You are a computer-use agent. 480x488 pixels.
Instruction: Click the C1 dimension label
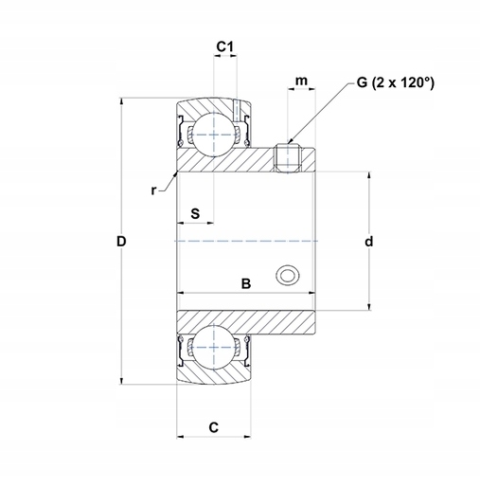pyautogui.click(x=224, y=46)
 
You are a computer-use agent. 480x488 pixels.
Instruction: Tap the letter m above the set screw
pyautogui.click(x=301, y=81)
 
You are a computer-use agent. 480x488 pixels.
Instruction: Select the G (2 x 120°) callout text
pyautogui.click(x=396, y=82)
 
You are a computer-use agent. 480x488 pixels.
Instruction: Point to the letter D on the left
pyautogui.click(x=121, y=242)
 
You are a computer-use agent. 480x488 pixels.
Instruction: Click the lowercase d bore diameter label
pyautogui.click(x=368, y=242)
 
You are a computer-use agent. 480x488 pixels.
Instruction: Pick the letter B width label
pyautogui.click(x=246, y=283)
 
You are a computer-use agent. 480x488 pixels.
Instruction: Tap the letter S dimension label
pyautogui.click(x=195, y=214)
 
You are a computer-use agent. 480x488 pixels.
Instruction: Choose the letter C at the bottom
pyautogui.click(x=214, y=427)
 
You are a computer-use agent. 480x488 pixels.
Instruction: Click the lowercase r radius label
pyautogui.click(x=153, y=190)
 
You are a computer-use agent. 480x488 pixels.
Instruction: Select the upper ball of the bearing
pyautogui.click(x=214, y=135)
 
